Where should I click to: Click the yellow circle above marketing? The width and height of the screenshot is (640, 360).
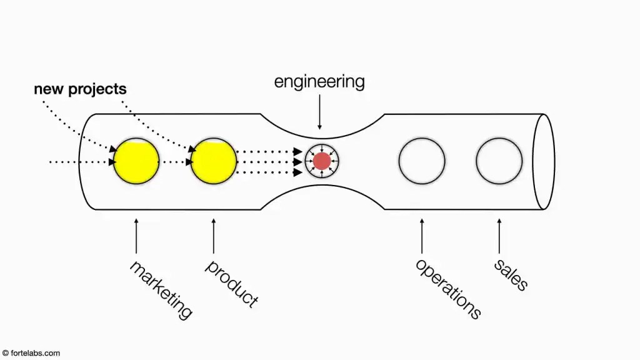coord(136,161)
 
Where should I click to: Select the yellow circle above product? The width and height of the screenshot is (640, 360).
coord(214,161)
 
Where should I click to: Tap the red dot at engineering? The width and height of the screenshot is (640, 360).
coord(322,161)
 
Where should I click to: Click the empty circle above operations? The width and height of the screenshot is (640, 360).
coord(422,161)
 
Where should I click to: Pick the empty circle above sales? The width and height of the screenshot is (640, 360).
coord(499,161)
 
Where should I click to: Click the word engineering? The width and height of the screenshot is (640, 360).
coord(319,82)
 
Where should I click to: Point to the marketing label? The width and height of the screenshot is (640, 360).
coord(161,289)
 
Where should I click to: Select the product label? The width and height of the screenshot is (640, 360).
coord(231,283)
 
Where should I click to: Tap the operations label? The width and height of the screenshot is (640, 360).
coord(448,289)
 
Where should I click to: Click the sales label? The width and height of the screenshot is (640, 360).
coord(511,275)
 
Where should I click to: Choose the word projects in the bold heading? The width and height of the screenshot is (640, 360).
coord(97,89)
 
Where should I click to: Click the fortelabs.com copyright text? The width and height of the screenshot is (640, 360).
coord(31,353)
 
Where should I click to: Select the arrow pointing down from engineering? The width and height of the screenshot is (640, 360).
coord(319,112)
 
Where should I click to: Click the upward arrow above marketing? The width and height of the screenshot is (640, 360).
coord(136,236)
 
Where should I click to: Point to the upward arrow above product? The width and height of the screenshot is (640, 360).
coord(214,236)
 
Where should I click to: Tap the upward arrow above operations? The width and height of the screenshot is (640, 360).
coord(422,236)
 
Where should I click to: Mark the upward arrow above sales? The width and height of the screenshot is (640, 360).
coord(499,236)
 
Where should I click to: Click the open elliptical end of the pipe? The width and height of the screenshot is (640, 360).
coord(554,162)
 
